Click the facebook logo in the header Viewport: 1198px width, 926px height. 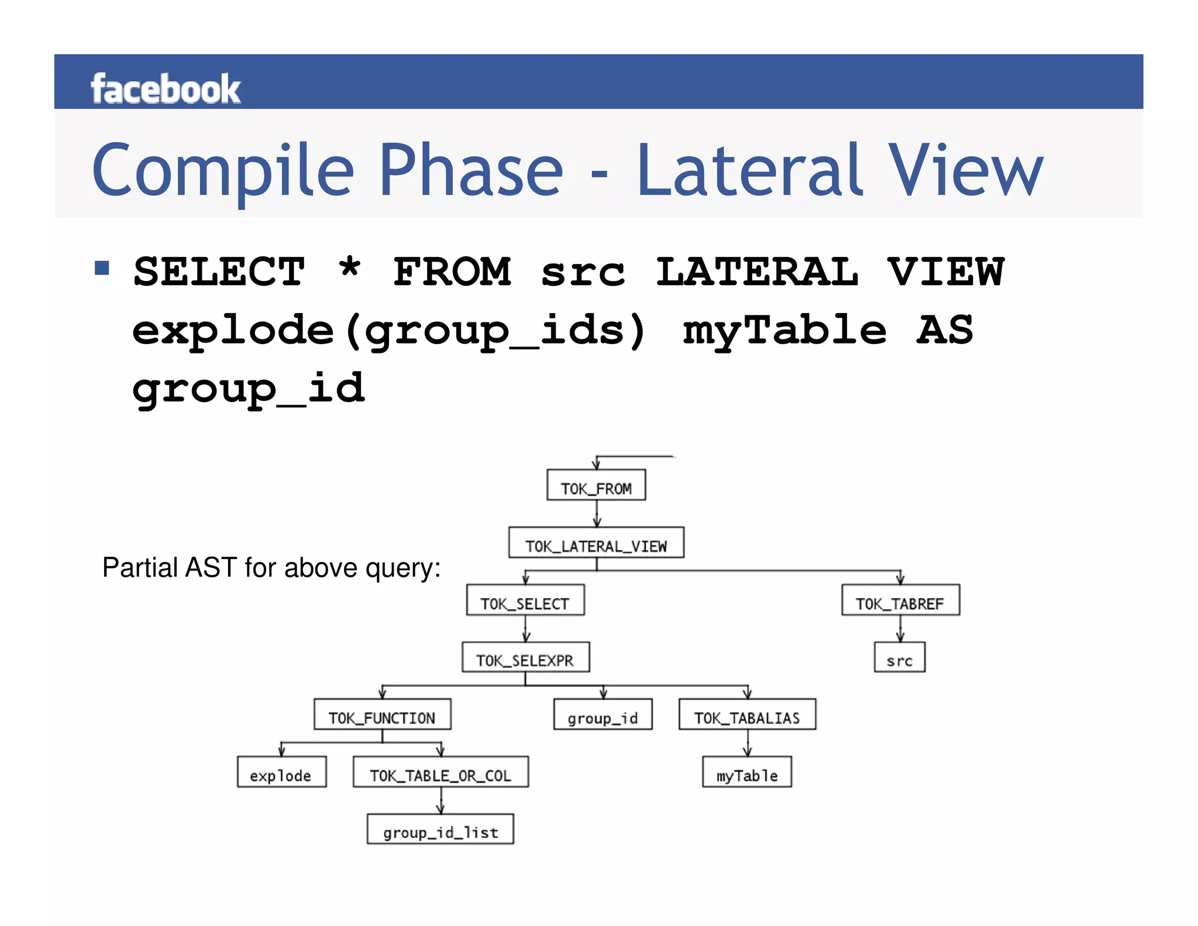pos(166,89)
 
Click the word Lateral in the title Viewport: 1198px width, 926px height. pos(749,170)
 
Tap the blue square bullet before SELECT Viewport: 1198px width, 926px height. pos(102,268)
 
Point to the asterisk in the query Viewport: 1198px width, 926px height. pos(350,269)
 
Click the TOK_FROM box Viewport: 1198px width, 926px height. pos(596,485)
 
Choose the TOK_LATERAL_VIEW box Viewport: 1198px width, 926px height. pos(596,543)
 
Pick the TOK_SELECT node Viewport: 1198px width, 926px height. pos(525,601)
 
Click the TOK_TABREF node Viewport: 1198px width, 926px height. pos(900,601)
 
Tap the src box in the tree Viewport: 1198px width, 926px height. pos(900,658)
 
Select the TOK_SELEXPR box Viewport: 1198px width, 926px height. pos(525,658)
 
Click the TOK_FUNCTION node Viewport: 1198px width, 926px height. pos(382,715)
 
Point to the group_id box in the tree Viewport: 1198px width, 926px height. pos(603,715)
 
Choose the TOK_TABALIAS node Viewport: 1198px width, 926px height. pos(747,715)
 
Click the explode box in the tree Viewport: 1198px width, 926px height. pos(281,773)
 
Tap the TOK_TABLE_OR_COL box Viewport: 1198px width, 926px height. pos(440,773)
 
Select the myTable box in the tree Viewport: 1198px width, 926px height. pos(747,773)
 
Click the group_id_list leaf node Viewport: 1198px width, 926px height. pos(440,829)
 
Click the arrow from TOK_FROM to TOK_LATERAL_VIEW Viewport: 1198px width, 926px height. pos(597,515)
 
